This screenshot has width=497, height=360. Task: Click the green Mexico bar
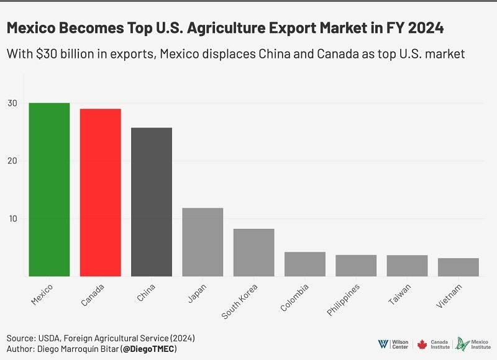coord(49,190)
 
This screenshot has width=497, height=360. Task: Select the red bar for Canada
coord(100,193)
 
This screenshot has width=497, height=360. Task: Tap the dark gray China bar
coord(152,202)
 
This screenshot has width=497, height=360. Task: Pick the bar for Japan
coord(203,242)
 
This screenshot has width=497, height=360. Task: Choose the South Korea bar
coord(253,252)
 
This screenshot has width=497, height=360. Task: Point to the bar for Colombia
coord(305,264)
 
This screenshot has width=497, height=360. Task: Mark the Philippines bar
coord(356,265)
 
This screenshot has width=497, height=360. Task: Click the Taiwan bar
coord(407,265)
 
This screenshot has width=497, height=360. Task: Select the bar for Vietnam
coord(458,267)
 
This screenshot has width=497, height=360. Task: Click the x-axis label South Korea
coord(240,302)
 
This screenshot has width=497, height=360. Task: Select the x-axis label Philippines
coord(344,303)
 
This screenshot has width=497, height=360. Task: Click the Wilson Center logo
coord(393,344)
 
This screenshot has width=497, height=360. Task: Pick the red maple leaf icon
coord(422,344)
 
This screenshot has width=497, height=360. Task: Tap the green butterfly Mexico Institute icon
coord(460,344)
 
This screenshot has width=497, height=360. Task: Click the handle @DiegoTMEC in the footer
coord(149,349)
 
